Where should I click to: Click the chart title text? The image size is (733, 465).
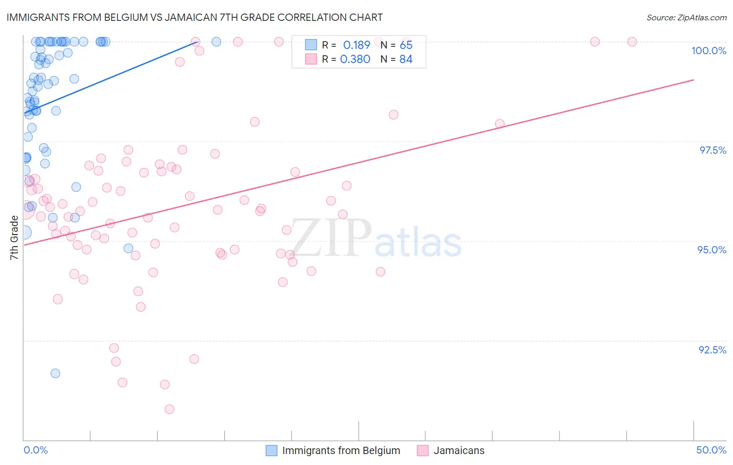(194, 17)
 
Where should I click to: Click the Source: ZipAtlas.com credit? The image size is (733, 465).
(686, 18)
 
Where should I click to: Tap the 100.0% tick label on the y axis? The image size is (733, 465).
(708, 51)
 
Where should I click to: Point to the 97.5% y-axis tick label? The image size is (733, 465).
(713, 150)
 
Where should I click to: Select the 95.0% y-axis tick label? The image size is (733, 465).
(712, 250)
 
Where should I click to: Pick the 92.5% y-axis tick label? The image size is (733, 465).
(712, 350)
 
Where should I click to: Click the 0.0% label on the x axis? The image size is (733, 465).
(35, 450)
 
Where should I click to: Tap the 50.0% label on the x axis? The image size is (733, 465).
(711, 450)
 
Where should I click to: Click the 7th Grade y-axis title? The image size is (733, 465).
(15, 237)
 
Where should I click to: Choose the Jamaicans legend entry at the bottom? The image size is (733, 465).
(459, 450)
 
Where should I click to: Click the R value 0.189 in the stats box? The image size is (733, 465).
(357, 45)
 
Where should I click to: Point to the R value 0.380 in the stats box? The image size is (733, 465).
(355, 59)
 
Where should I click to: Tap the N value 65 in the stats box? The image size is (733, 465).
(406, 45)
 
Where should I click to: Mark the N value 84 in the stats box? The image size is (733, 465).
(406, 59)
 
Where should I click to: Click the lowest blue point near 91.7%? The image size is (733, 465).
(55, 373)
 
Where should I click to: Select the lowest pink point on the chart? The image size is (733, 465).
(169, 409)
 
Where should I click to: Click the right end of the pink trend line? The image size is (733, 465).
(694, 80)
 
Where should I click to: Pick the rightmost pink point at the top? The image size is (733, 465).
(632, 42)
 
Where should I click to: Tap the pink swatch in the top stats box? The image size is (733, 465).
(311, 59)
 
